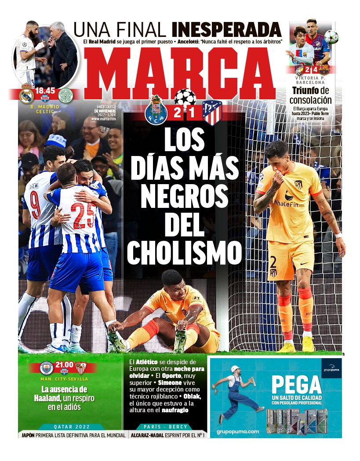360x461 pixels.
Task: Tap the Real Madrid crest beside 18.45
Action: pos(26,95)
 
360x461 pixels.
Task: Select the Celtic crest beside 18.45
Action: pos(65,95)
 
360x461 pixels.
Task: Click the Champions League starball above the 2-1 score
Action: pos(185,97)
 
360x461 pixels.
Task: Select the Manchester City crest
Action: pos(46,368)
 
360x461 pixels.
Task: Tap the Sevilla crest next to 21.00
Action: pos(80,368)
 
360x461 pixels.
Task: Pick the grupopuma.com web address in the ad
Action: pos(238,432)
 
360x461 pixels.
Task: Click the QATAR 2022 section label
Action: pos(72,426)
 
